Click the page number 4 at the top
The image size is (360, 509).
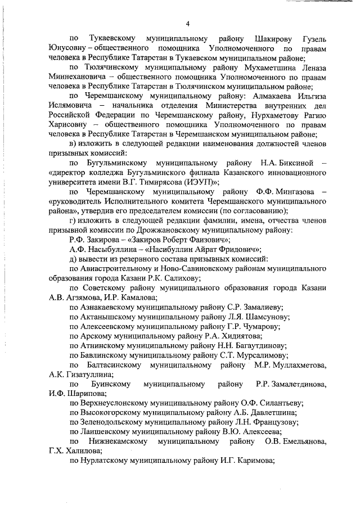coord(188,23)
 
